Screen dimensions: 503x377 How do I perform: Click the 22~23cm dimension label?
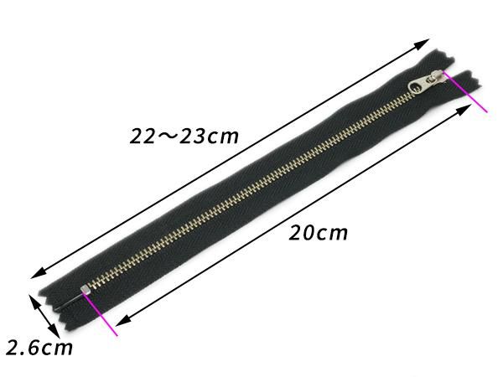(x=184, y=136)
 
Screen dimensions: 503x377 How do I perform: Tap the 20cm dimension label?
(x=319, y=233)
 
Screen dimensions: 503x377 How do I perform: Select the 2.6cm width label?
(x=39, y=348)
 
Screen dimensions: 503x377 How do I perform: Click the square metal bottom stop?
(x=85, y=290)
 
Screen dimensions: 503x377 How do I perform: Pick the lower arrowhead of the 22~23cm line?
(x=38, y=273)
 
